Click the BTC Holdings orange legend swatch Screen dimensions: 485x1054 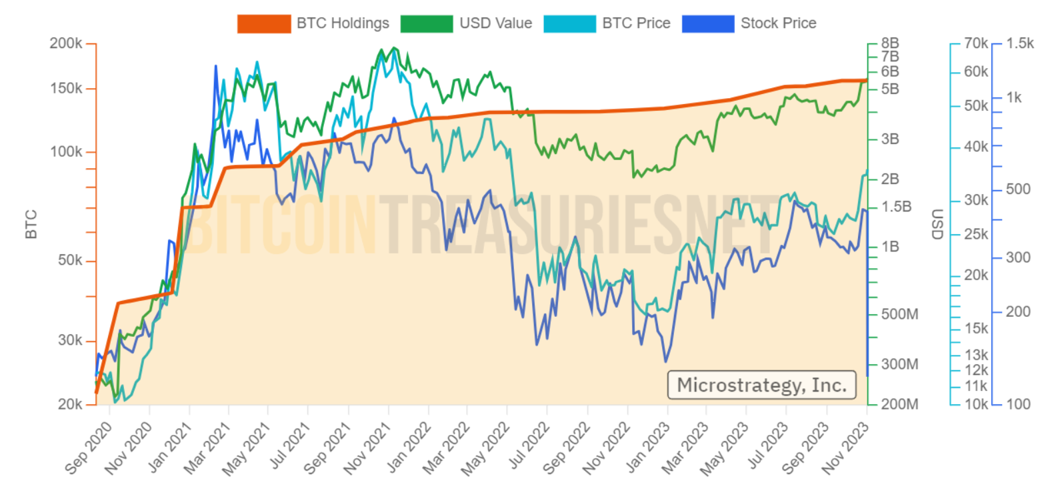[x=264, y=23]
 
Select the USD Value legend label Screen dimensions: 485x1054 [x=495, y=23]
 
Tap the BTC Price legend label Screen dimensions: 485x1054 [x=636, y=23]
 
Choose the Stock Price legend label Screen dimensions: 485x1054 [x=778, y=23]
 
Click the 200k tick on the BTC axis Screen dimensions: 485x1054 [x=66, y=43]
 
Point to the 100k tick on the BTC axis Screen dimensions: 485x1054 [x=66, y=151]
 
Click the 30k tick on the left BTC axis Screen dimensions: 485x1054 [x=70, y=340]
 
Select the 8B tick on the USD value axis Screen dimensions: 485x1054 [x=890, y=43]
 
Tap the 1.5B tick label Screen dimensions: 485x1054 [x=896, y=207]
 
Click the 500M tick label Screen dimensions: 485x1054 [x=899, y=314]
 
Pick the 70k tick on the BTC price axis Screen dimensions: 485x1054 [x=976, y=43]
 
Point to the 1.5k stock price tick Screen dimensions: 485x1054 [x=1020, y=43]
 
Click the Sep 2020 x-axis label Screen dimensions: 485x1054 [x=89, y=448]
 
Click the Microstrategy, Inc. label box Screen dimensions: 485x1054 [x=761, y=385]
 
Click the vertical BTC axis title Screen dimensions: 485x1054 [x=31, y=224]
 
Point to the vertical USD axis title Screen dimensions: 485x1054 [x=937, y=224]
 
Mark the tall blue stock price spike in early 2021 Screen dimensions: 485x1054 [x=216, y=67]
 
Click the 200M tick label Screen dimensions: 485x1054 [x=899, y=404]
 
